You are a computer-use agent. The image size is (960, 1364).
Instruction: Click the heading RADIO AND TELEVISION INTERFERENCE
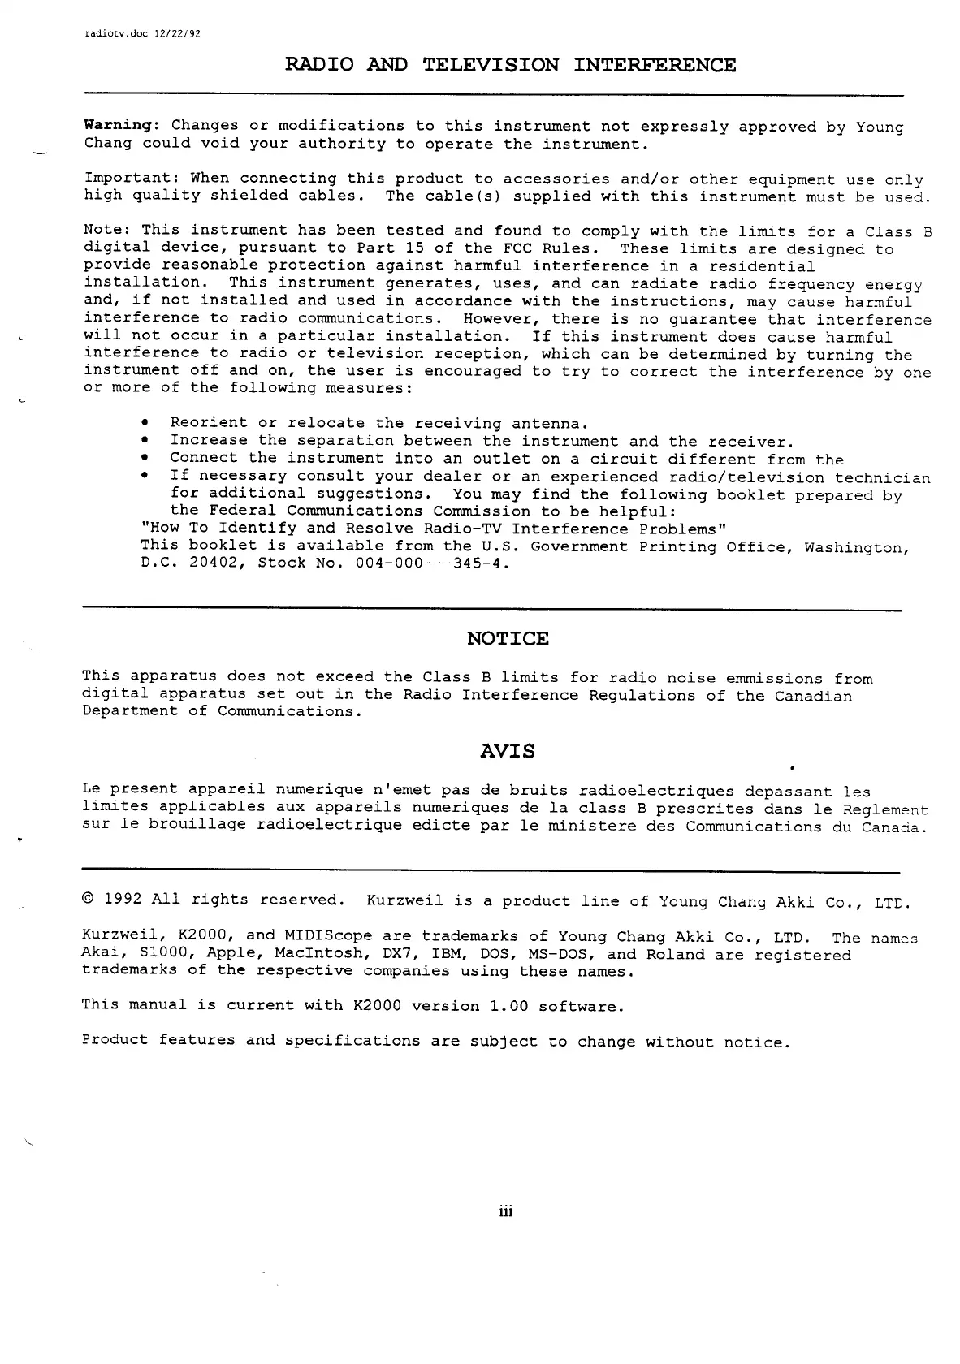coord(511,65)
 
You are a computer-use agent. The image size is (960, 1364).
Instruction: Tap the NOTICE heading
coord(508,639)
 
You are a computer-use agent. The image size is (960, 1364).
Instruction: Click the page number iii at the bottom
coord(507,1213)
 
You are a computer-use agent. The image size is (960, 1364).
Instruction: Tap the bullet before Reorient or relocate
coord(145,424)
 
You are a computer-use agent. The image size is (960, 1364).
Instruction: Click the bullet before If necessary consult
coord(145,477)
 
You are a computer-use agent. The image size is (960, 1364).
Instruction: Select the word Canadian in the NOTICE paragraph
coord(813,696)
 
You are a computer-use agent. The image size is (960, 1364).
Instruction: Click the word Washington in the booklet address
coord(855,546)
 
